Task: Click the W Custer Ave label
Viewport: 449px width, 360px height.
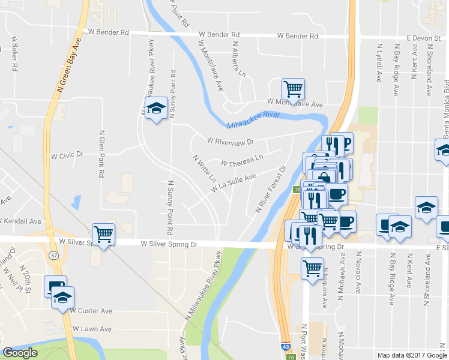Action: point(91,311)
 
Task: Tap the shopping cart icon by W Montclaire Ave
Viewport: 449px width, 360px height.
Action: point(293,89)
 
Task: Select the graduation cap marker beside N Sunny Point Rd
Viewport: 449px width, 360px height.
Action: point(156,109)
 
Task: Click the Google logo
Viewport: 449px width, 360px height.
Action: point(20,353)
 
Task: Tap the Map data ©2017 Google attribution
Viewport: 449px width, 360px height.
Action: point(412,355)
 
